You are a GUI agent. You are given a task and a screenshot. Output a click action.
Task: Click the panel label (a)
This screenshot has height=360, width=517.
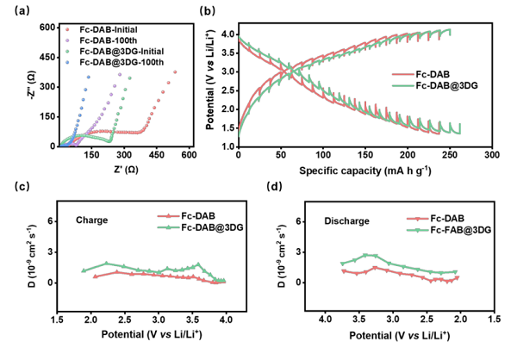coord(18,11)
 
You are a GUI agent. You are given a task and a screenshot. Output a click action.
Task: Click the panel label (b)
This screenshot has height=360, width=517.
coord(206,11)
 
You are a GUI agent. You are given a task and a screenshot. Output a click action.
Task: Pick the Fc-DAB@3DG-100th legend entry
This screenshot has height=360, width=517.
coord(119,63)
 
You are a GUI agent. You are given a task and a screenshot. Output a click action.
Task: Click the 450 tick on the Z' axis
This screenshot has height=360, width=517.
coord(156,156)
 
